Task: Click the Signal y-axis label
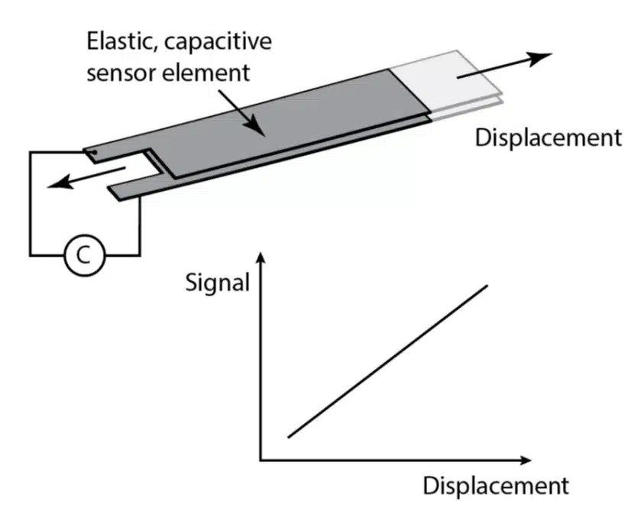click(x=218, y=283)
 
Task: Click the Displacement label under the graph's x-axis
click(x=496, y=487)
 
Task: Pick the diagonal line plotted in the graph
click(x=387, y=360)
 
